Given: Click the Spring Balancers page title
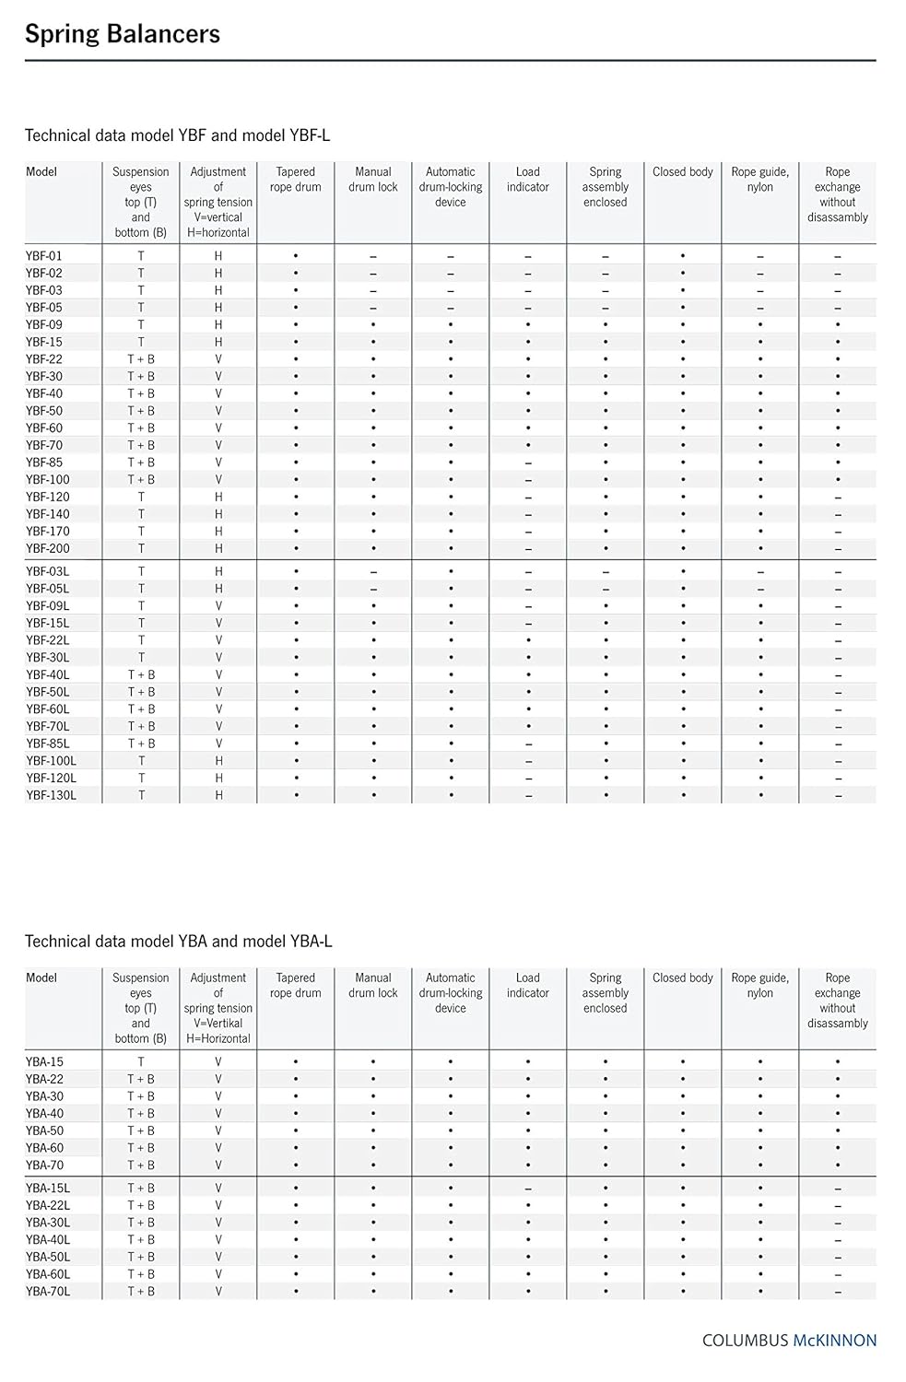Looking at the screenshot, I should point(123,34).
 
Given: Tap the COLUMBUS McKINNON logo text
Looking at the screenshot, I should point(789,1341).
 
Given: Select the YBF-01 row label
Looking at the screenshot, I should point(44,255).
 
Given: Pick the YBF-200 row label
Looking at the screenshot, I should point(48,548).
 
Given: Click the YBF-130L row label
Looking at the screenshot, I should point(52,795).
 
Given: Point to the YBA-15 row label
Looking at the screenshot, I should point(44,1061).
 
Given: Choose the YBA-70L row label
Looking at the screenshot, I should point(48,1292).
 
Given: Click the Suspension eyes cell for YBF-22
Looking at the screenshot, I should point(141,359).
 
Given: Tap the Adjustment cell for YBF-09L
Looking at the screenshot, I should point(218,606).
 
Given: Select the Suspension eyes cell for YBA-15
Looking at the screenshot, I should point(141,1061).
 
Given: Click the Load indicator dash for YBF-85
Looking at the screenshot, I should point(528,463).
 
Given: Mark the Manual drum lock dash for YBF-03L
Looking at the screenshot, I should point(373,572).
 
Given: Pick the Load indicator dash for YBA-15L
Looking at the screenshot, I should point(528,1189).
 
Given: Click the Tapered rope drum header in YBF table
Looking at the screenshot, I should point(296,180).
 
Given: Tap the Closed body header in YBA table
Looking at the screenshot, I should point(683,978).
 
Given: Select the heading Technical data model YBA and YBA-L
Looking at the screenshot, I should point(178,942).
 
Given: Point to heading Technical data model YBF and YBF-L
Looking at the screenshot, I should point(177,135).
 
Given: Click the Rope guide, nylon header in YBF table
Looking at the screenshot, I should point(760,180).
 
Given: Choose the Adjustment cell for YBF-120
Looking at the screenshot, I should point(218,497).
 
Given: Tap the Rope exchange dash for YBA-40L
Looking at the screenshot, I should point(838,1240).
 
